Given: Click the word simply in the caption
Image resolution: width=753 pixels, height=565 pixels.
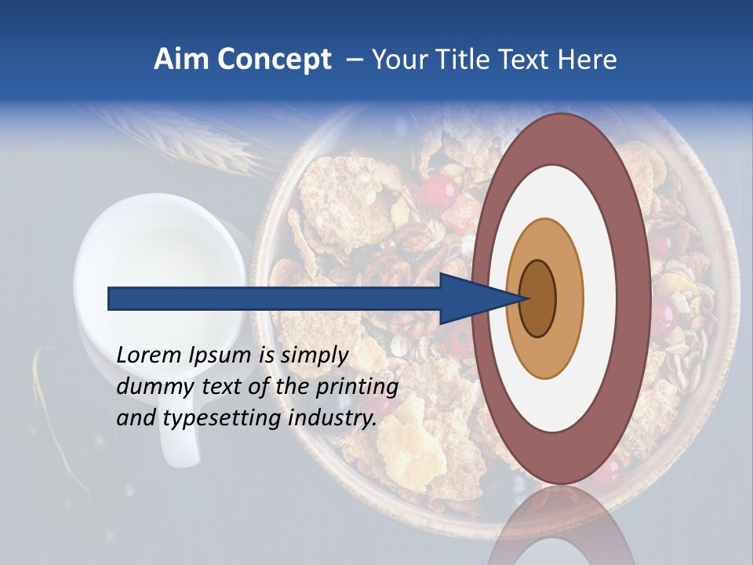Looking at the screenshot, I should click(x=314, y=355).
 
